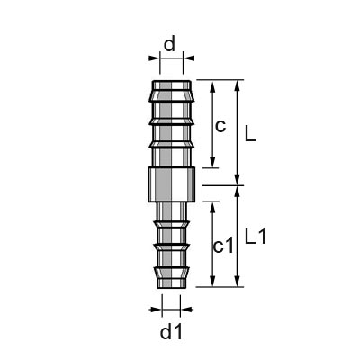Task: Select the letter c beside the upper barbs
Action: [219, 125]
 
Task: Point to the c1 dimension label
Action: [223, 245]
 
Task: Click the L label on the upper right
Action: [250, 133]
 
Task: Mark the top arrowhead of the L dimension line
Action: [238, 84]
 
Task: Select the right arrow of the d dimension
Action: [189, 58]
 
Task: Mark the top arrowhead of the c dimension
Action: [211, 84]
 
